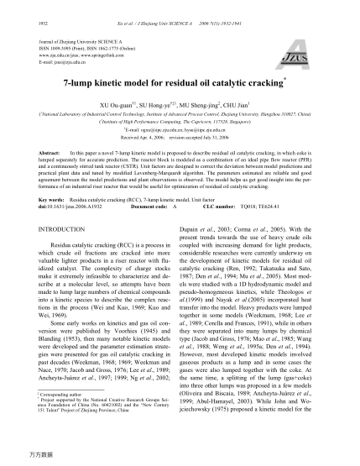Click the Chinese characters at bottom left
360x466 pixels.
click(x=30, y=453)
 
